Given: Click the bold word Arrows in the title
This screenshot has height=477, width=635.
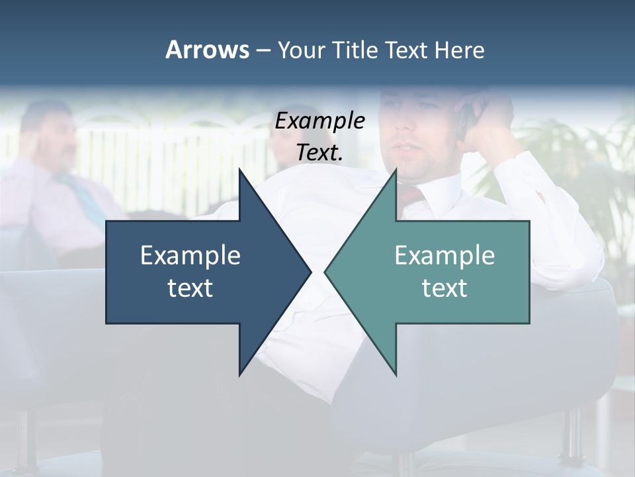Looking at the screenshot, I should pos(206,50).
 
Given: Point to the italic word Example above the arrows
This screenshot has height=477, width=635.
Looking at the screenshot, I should pos(320,121).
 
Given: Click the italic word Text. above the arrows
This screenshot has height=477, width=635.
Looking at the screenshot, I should pos(320,153).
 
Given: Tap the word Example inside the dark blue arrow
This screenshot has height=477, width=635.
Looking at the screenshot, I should pos(190,255).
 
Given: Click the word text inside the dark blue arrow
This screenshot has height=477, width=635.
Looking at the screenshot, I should pos(190,288).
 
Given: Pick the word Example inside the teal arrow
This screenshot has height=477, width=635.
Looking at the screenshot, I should pos(444,255).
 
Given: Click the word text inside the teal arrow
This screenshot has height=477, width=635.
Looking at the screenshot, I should pos(444,288).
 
